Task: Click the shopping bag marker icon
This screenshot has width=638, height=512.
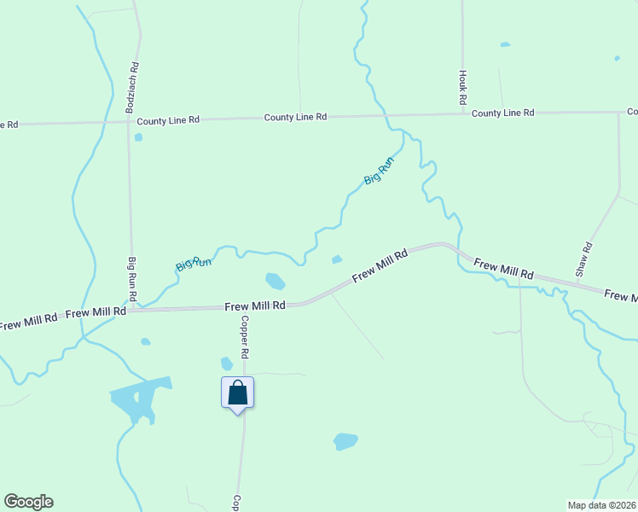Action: (238, 393)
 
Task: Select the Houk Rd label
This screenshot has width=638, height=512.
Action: (462, 88)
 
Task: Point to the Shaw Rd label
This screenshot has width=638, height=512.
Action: (583, 259)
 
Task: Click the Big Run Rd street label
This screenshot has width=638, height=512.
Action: (132, 278)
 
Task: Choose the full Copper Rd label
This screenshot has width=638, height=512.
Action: (244, 336)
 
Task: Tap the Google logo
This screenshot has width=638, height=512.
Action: (28, 502)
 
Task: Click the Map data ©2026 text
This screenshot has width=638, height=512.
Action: (601, 504)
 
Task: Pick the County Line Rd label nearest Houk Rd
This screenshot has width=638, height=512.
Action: (502, 113)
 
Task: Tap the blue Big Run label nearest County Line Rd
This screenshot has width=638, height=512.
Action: (378, 172)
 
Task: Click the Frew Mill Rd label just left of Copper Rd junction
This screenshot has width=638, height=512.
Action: (254, 305)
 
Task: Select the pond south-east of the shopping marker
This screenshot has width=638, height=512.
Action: (345, 440)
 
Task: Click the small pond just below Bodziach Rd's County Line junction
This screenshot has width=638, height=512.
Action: (138, 137)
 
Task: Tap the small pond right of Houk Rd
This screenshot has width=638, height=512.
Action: (505, 44)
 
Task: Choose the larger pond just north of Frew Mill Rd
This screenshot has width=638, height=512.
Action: (275, 280)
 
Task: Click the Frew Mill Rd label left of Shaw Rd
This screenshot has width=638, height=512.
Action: (503, 270)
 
